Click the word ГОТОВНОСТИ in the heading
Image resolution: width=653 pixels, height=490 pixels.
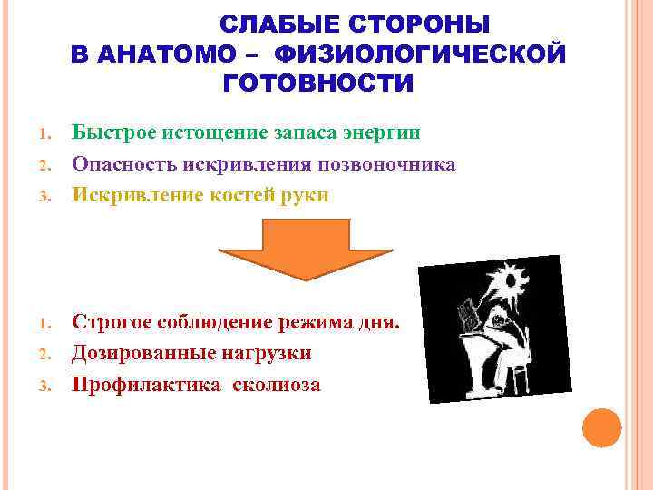317,84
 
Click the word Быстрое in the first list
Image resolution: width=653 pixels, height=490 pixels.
114,133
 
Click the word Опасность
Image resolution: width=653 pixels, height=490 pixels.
126,164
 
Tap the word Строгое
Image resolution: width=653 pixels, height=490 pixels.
114,322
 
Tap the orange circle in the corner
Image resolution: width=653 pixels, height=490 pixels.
601,426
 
